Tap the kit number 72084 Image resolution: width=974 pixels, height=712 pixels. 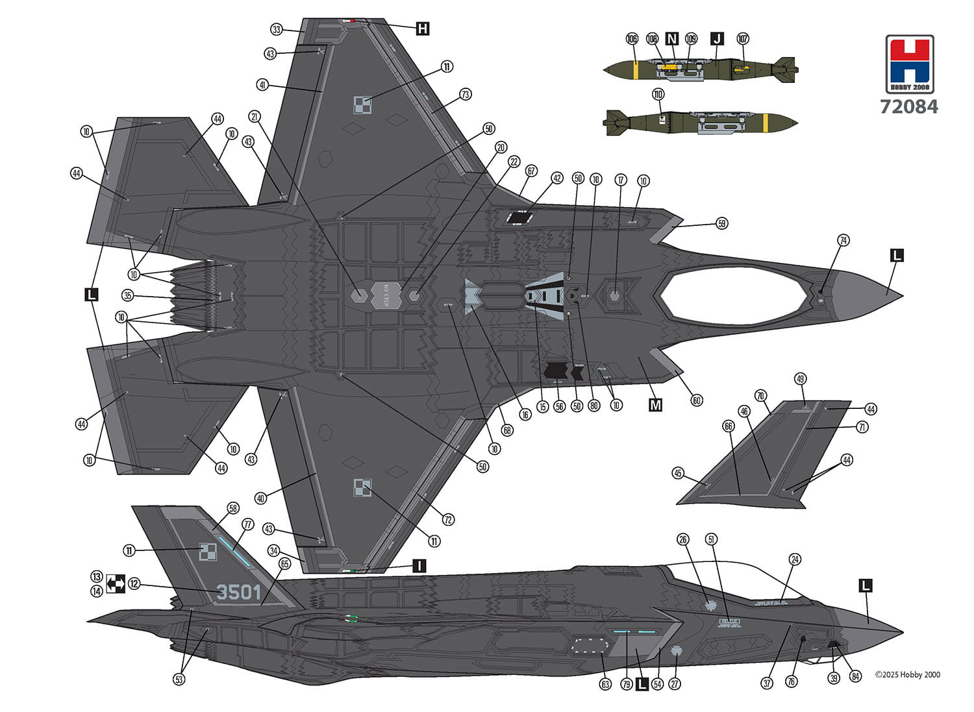pyautogui.click(x=909, y=106)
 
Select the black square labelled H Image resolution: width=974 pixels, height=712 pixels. pyautogui.click(x=423, y=29)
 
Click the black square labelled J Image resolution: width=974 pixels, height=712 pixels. pyautogui.click(x=716, y=39)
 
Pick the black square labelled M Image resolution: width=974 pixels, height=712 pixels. pyautogui.click(x=656, y=405)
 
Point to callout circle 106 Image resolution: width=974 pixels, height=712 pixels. pyautogui.click(x=632, y=39)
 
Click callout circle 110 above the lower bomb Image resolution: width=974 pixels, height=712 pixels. pyautogui.click(x=658, y=95)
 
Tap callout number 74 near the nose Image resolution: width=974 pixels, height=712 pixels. pyautogui.click(x=843, y=240)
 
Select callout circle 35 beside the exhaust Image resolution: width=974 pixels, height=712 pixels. pyautogui.click(x=128, y=296)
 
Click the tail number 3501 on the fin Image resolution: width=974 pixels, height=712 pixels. pyautogui.click(x=238, y=592)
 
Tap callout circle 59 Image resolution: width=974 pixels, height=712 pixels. pyautogui.click(x=722, y=224)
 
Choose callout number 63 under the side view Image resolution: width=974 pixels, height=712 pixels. pyautogui.click(x=605, y=684)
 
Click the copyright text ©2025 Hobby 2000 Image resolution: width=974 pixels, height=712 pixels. pyautogui.click(x=907, y=674)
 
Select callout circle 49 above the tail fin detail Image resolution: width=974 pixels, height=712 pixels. pyautogui.click(x=800, y=379)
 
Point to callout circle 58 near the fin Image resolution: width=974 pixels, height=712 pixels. pyautogui.click(x=232, y=508)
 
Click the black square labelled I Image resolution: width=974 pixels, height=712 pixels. pyautogui.click(x=419, y=566)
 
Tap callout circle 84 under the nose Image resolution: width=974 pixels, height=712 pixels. pyautogui.click(x=856, y=677)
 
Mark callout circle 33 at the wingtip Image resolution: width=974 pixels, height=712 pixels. pyautogui.click(x=277, y=30)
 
